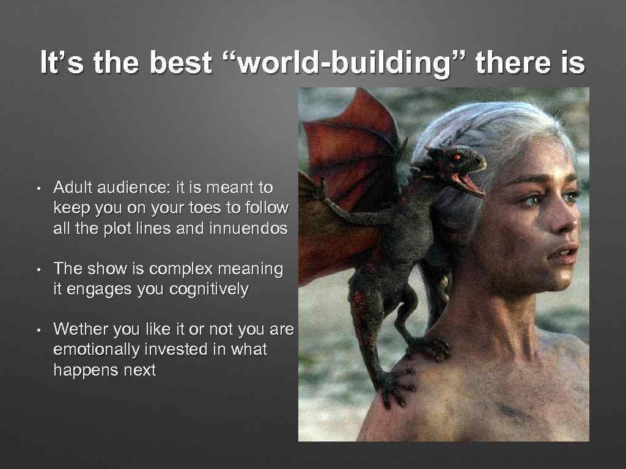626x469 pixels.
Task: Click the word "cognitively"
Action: (x=207, y=289)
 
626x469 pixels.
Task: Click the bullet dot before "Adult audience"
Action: (x=38, y=187)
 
